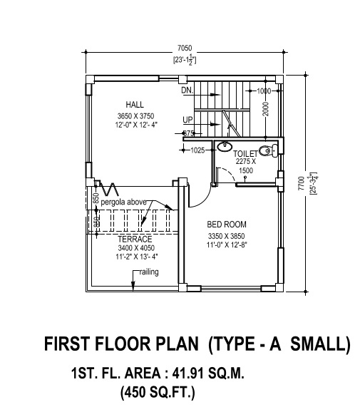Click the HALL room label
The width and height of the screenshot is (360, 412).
pos(135,103)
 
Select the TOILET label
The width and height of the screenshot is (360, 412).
pos(245,153)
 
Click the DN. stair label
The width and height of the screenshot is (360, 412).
pos(187,91)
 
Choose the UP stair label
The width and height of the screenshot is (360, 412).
pos(187,119)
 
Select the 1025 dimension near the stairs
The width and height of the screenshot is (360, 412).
pos(197,150)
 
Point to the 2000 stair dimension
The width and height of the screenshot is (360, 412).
pos(264,110)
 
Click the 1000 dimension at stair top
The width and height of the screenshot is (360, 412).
pos(264,91)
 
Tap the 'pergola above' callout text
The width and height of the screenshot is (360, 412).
pos(123,202)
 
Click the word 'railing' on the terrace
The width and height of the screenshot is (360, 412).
pos(149,272)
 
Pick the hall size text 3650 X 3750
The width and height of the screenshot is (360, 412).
pos(135,115)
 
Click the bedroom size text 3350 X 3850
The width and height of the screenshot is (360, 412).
pos(226,236)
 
